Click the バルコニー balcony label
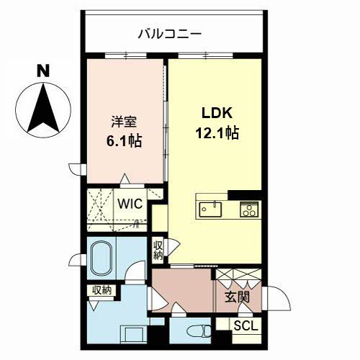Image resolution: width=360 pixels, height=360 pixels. [170, 34]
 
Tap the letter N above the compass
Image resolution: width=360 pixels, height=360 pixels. [43, 71]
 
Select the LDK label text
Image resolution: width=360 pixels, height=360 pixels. [217, 113]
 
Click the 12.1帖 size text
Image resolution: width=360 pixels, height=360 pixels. [217, 132]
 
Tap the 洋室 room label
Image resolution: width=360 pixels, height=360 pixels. [124, 122]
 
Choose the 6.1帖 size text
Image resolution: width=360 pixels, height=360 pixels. [124, 141]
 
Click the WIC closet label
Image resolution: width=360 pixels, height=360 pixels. [130, 204]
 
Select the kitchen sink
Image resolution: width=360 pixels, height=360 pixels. [210, 210]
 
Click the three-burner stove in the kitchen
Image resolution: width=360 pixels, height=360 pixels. [249, 210]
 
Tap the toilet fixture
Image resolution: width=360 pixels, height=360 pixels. [199, 331]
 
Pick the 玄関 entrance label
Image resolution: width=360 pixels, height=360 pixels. [237, 297]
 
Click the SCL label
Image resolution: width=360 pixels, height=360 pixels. [246, 325]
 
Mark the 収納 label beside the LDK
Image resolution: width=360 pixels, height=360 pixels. [158, 251]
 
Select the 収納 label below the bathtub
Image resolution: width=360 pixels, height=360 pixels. [102, 290]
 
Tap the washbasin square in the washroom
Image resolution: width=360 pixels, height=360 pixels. [133, 334]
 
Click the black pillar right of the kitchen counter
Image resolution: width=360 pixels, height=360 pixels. [245, 195]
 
